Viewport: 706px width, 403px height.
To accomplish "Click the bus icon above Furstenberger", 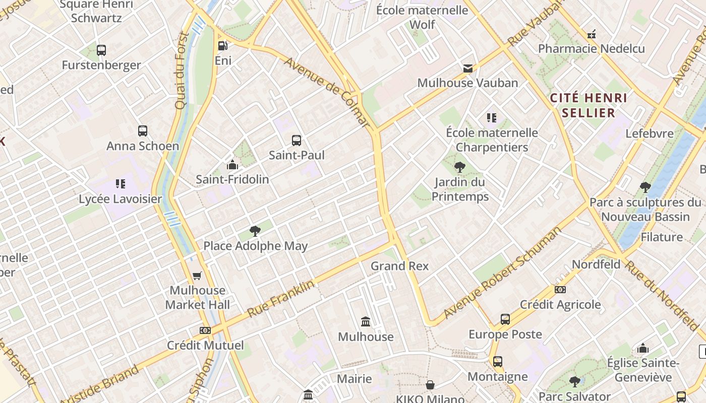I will pyautogui.click(x=101, y=50).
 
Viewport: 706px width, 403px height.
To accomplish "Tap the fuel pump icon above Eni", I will pyautogui.click(x=222, y=46).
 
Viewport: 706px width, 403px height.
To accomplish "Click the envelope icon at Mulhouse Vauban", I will pyautogui.click(x=468, y=68).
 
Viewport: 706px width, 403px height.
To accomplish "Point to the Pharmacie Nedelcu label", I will pyautogui.click(x=591, y=49).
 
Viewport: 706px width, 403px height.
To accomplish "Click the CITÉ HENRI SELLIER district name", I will pyautogui.click(x=589, y=105).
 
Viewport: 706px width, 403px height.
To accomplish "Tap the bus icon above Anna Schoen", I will pyautogui.click(x=143, y=131).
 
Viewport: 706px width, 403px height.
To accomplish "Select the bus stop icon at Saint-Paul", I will pyautogui.click(x=297, y=140).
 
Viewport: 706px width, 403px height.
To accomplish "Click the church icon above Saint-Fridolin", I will pyautogui.click(x=232, y=165).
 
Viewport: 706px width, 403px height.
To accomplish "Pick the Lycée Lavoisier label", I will pyautogui.click(x=121, y=198).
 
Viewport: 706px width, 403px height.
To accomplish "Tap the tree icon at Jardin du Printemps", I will pyautogui.click(x=459, y=167).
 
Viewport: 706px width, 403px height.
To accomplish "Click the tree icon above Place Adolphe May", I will pyautogui.click(x=255, y=231).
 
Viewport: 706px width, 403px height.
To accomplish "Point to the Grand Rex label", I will pyautogui.click(x=399, y=266).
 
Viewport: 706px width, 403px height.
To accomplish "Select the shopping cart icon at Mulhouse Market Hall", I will pyautogui.click(x=197, y=276).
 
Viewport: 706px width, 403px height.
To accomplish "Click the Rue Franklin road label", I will pyautogui.click(x=280, y=299).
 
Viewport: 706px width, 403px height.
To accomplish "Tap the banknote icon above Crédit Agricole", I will pyautogui.click(x=560, y=290).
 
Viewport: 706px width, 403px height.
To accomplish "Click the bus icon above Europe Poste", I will pyautogui.click(x=505, y=319).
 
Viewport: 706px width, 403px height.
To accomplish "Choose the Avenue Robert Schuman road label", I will pyautogui.click(x=502, y=273).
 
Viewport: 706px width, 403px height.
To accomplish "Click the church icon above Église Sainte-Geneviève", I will pyautogui.click(x=642, y=348).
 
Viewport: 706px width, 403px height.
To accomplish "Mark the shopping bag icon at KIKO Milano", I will pyautogui.click(x=430, y=385).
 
